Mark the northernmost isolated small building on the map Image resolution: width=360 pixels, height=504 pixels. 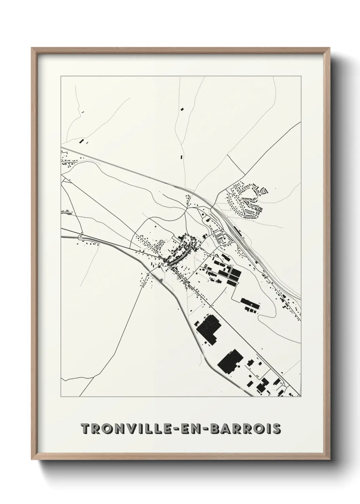(x=182, y=109)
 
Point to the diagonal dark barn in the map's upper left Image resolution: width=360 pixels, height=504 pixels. (x=81, y=141)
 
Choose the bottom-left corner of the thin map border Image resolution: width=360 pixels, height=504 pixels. (x=61, y=396)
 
